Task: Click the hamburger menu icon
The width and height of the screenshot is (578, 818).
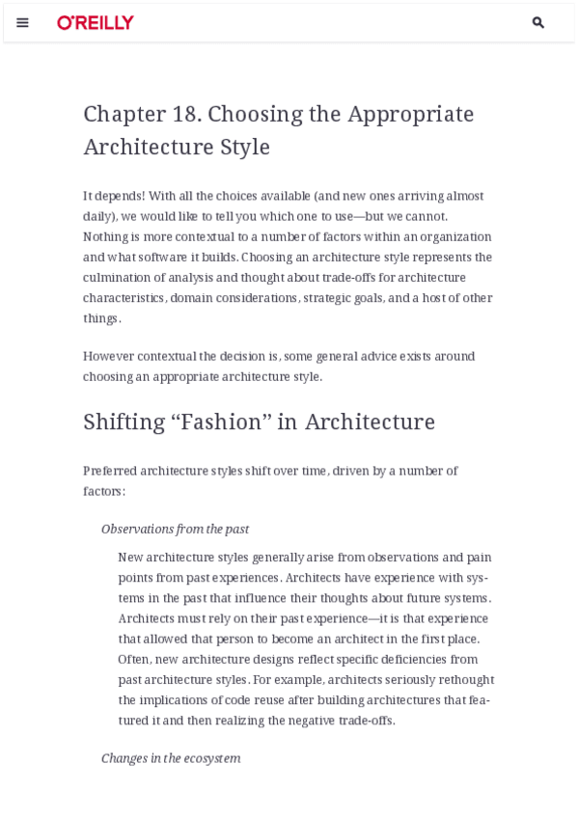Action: coord(22,22)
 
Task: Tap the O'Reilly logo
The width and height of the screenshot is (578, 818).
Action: coord(96,22)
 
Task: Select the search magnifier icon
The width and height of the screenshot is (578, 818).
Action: coord(538,22)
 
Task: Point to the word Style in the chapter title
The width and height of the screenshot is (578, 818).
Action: coord(245,147)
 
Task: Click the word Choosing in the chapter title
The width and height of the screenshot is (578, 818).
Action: coord(242,114)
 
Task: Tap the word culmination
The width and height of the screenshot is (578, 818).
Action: coord(119,278)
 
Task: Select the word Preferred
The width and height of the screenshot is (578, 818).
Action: coord(110,471)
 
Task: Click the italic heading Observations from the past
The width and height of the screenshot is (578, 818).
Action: coord(175,529)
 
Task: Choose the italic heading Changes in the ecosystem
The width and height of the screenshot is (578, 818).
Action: coord(171,758)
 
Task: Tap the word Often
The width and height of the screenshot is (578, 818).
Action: coord(135,659)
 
